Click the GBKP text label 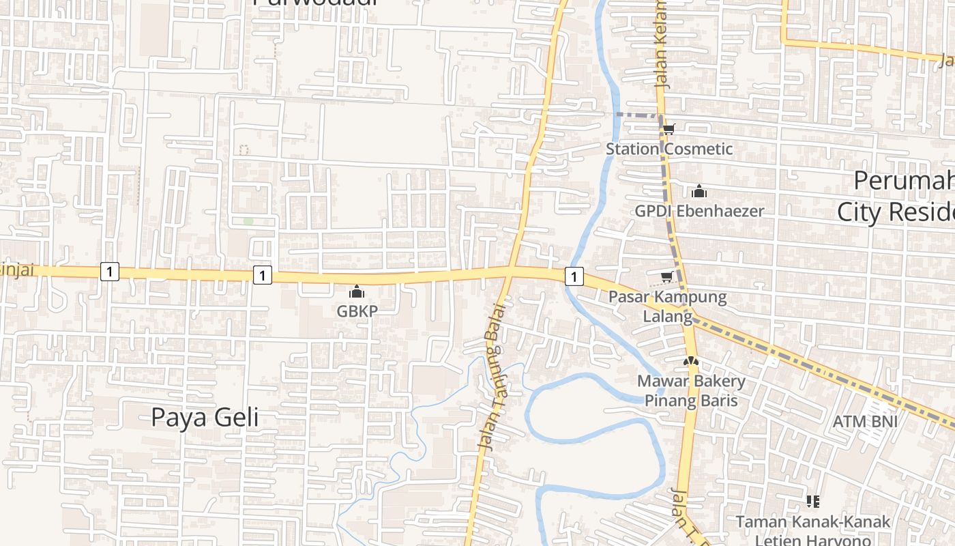[x=357, y=311]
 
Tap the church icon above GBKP [x=357, y=292]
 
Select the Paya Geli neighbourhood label [x=205, y=417]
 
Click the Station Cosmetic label [x=669, y=149]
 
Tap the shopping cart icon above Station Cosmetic [x=668, y=128]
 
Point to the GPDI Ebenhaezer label [x=699, y=211]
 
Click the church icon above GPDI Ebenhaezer [x=699, y=191]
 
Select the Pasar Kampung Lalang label [x=667, y=306]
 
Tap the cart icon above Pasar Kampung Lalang [x=666, y=276]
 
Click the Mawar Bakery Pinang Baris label [x=691, y=390]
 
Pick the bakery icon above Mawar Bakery [x=691, y=360]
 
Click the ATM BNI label [x=865, y=421]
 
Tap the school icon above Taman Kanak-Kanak [x=812, y=502]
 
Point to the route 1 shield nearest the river [x=574, y=276]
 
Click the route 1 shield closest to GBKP [x=262, y=275]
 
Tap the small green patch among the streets [x=248, y=221]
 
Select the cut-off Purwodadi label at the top [x=314, y=3]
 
